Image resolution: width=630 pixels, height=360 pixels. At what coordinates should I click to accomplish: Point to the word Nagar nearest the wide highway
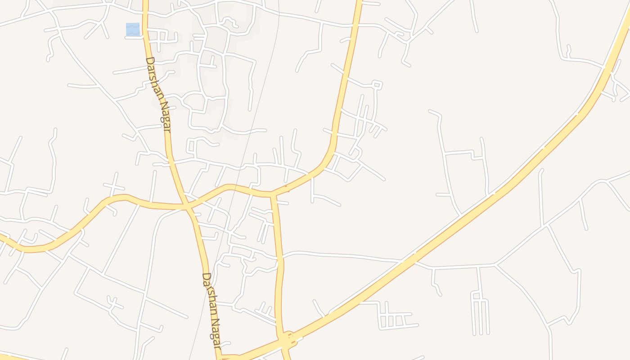tap(216, 333)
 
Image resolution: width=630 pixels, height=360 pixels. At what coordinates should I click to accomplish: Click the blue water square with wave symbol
tap(133, 29)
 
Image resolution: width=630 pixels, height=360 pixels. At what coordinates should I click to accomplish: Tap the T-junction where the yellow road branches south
tap(272, 195)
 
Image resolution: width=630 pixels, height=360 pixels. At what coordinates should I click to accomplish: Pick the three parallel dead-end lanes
tap(481, 315)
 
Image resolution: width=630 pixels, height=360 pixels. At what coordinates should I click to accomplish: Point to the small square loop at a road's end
tap(377, 84)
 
